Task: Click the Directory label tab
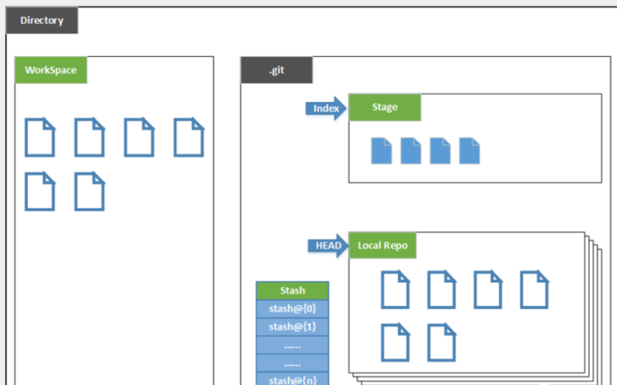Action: pyautogui.click(x=42, y=20)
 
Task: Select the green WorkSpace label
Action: pyautogui.click(x=51, y=70)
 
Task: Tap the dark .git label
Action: pyautogui.click(x=277, y=70)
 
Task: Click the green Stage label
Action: pyautogui.click(x=384, y=107)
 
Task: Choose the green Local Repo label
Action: pyautogui.click(x=382, y=246)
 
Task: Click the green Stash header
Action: pyautogui.click(x=293, y=291)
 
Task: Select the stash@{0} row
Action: pyautogui.click(x=293, y=309)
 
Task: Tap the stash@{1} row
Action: pyautogui.click(x=293, y=327)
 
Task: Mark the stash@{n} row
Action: pyautogui.click(x=293, y=379)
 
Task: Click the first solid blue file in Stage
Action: pyautogui.click(x=381, y=151)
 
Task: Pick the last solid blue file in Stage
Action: pyautogui.click(x=469, y=151)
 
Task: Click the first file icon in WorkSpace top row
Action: pyautogui.click(x=40, y=137)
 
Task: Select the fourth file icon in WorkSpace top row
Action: pyautogui.click(x=189, y=137)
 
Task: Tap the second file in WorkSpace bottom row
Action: pyautogui.click(x=89, y=191)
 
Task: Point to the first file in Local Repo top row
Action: pyautogui.click(x=395, y=290)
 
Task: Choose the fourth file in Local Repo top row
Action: pyautogui.click(x=534, y=290)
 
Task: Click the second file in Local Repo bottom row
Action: pyautogui.click(x=441, y=342)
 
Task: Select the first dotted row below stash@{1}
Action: pyautogui.click(x=293, y=345)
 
